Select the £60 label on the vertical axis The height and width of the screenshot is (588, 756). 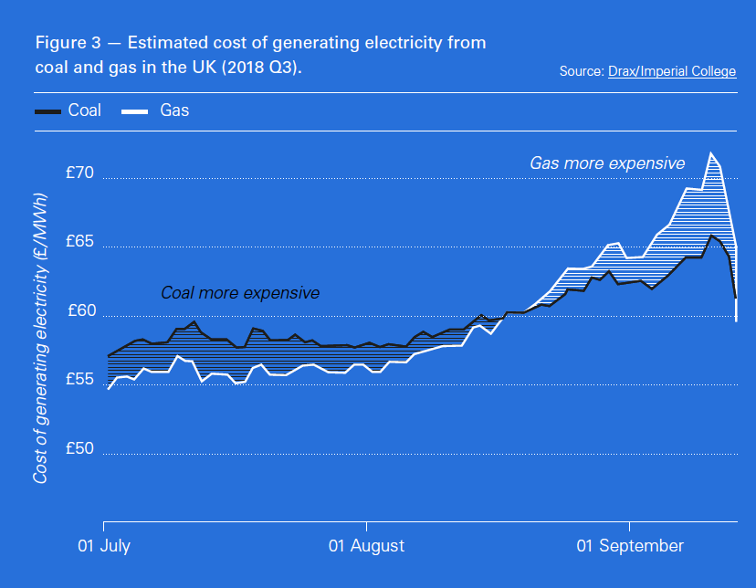click(x=83, y=310)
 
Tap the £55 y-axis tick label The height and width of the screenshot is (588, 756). click(x=83, y=379)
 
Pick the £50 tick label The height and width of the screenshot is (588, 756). click(x=83, y=448)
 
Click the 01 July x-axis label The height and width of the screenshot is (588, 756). click(x=103, y=546)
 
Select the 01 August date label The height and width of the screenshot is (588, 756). click(x=366, y=546)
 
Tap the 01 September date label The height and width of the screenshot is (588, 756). click(x=630, y=546)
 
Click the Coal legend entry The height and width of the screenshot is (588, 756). click(x=84, y=110)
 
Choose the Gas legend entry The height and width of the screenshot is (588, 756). click(x=174, y=110)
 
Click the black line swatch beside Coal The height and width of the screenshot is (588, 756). click(x=47, y=111)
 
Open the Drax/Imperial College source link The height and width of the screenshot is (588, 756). click(x=672, y=70)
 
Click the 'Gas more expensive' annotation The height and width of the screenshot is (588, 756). click(x=607, y=163)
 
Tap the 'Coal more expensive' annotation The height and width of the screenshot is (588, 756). click(x=240, y=293)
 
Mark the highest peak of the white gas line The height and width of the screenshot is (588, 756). click(x=710, y=152)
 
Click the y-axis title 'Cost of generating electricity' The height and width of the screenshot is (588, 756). click(x=41, y=338)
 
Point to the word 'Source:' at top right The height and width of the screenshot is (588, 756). click(x=582, y=70)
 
